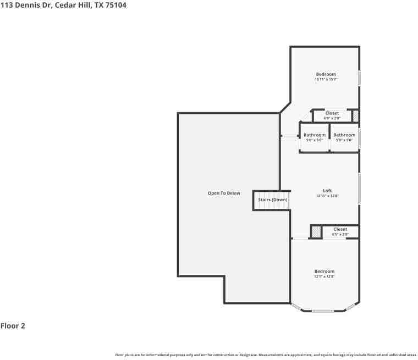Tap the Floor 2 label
point(13,326)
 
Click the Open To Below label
point(224,193)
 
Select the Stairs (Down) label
point(273,200)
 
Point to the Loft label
point(327,191)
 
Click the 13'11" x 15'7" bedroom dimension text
point(326,80)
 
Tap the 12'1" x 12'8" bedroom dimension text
point(324,276)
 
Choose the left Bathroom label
point(315,135)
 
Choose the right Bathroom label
point(344,135)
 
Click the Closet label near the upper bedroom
point(332,113)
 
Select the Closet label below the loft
point(340,229)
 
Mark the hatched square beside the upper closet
point(355,116)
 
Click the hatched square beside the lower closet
point(316,232)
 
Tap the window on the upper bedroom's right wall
point(359,77)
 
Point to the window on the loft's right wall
point(359,188)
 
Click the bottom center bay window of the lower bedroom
point(323,311)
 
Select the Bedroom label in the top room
point(326,74)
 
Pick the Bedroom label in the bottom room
point(324,271)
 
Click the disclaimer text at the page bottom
point(266,355)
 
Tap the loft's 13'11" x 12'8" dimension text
point(327,196)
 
